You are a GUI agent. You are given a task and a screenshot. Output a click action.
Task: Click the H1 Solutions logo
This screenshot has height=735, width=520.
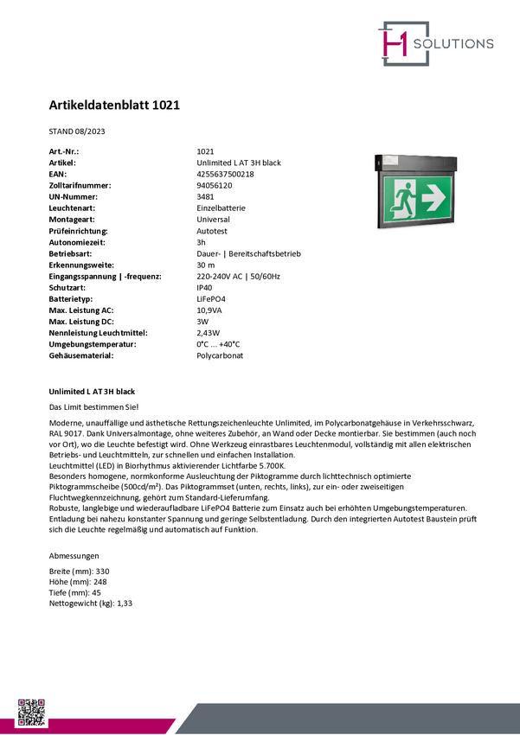[x=435, y=43]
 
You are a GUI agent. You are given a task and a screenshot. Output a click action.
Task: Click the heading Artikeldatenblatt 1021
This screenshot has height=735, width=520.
[x=113, y=105]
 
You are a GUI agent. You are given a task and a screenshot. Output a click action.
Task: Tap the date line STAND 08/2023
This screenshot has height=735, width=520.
[x=77, y=131]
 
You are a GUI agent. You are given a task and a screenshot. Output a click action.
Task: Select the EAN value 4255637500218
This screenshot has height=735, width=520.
[x=225, y=174]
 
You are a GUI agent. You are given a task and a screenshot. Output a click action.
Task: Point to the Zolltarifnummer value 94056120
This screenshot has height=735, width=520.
[x=214, y=185]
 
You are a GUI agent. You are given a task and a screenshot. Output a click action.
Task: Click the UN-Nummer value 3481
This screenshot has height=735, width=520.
[x=206, y=196]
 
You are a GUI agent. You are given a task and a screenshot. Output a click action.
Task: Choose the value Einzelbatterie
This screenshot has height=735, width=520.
[x=221, y=208]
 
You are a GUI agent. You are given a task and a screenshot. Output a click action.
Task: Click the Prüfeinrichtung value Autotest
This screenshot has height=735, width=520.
[x=212, y=231]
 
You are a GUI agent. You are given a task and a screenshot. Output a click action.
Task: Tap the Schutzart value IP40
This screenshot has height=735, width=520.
[x=205, y=287]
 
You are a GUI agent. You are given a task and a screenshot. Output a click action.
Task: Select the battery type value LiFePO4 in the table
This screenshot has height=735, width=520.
[x=211, y=298]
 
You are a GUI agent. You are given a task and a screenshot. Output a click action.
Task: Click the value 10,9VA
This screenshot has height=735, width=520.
[x=209, y=310]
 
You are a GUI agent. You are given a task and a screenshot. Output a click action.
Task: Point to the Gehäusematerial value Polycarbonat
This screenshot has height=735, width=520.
[x=220, y=355]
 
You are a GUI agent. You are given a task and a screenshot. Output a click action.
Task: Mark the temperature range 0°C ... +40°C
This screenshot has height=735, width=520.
[x=218, y=344]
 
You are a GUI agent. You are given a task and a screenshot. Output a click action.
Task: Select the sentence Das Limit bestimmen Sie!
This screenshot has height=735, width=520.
[x=93, y=406]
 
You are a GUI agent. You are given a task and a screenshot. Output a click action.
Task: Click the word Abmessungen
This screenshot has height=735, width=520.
[x=74, y=555]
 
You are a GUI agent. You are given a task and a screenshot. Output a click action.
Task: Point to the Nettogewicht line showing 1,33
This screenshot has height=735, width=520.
[x=91, y=604]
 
